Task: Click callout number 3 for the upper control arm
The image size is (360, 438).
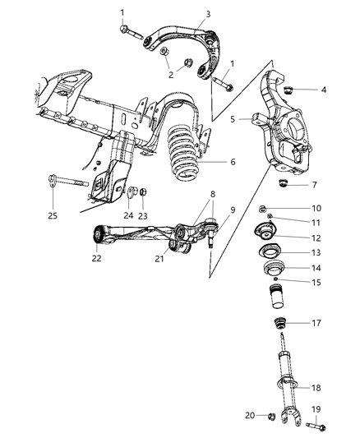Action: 208,13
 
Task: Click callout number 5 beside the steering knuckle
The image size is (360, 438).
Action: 233,119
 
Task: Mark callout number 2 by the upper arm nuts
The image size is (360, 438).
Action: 170,75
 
